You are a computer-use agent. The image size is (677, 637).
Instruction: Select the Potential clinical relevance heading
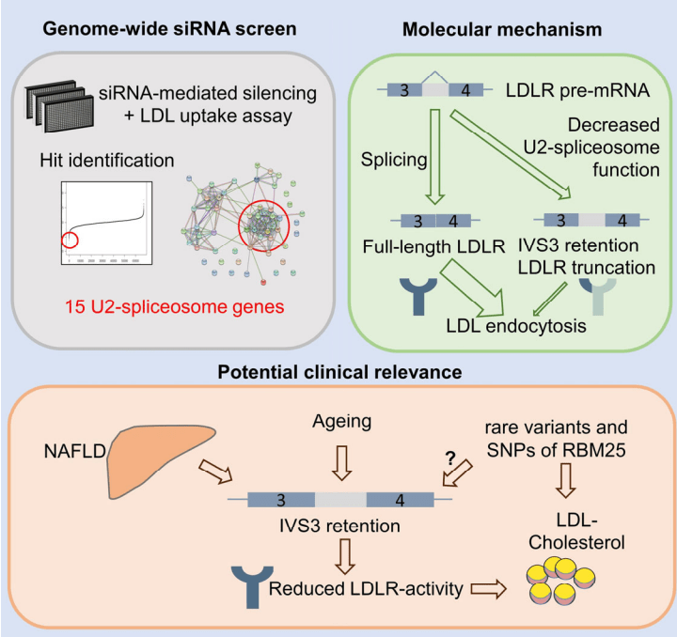click(339, 373)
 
